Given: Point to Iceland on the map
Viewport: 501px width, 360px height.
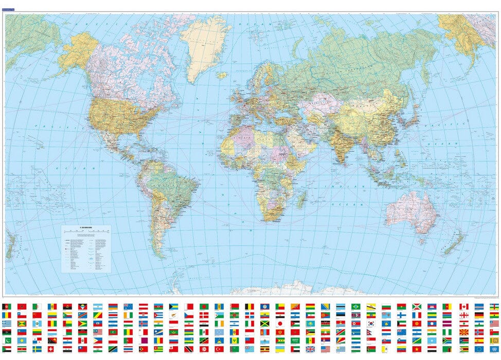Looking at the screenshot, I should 222,75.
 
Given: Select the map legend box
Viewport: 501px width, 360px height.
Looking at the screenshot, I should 87,248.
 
